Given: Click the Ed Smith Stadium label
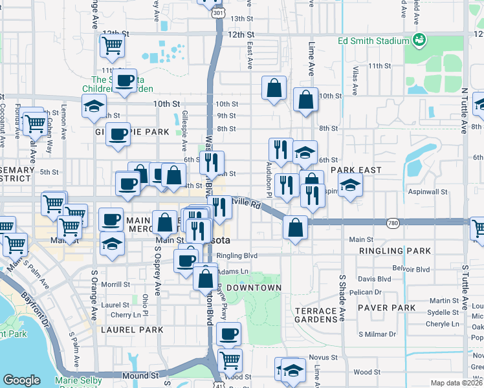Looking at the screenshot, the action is (374, 41).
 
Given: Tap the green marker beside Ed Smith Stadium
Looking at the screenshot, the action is (419, 40).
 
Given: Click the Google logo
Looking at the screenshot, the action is (21, 380).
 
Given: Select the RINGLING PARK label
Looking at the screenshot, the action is (384, 250).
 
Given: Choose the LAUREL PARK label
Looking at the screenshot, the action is (127, 329).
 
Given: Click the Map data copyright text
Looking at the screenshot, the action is (457, 383).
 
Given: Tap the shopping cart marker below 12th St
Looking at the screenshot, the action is (113, 46).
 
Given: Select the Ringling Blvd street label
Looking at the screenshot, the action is (237, 255).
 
